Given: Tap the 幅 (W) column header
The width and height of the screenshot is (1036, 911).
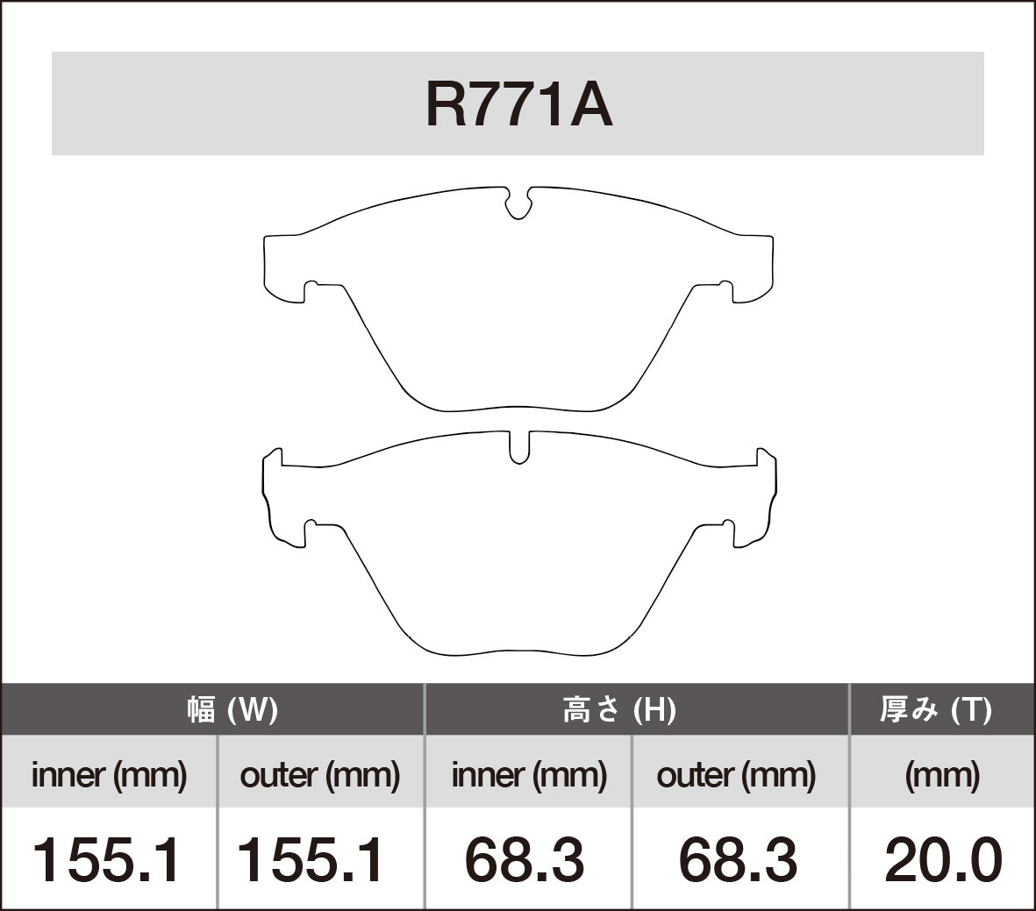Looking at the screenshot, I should point(232,709).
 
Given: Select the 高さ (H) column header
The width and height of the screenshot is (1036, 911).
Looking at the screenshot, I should point(618,709).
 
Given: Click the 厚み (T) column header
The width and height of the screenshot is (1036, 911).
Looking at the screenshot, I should point(936,709).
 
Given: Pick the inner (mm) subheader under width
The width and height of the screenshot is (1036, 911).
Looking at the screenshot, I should point(109,774).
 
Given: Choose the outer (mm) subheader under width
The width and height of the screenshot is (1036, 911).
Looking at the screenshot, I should point(320,774).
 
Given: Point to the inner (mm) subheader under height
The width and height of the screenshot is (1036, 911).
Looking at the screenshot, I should point(529,774).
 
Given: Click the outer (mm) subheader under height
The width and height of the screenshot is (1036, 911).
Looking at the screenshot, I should point(736,774).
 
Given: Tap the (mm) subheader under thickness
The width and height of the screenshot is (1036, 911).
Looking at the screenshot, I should point(942,774).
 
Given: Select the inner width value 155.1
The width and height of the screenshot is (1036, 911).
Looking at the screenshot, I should point(107,859).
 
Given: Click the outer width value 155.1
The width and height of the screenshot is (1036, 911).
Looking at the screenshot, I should point(311,859).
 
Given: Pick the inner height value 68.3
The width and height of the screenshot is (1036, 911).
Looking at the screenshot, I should point(525,859).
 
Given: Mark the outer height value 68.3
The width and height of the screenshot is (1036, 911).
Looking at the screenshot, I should point(738,859).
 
